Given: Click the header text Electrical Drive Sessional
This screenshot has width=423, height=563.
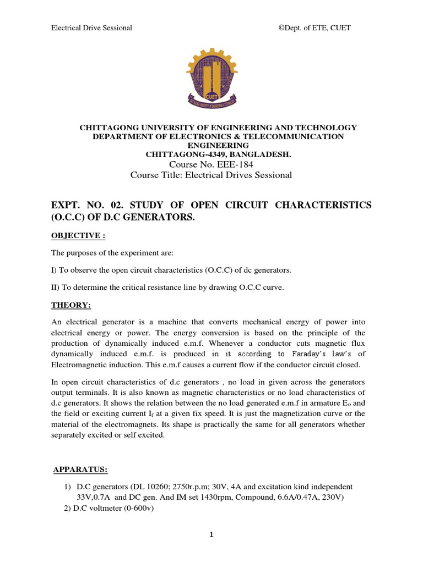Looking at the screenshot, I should (91, 28).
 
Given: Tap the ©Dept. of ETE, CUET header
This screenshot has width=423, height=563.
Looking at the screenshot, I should (314, 28).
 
